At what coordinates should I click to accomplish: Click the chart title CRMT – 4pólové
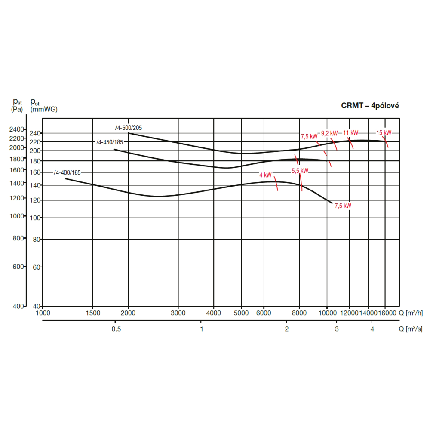click(370, 106)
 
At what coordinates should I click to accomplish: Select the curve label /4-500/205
click(128, 128)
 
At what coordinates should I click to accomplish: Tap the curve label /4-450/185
click(110, 142)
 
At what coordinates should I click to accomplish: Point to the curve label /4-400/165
click(67, 173)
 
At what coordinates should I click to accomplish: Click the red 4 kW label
click(265, 175)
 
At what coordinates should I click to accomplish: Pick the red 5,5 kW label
click(300, 171)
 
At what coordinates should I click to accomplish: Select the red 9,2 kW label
click(329, 133)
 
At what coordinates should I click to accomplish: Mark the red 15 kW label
click(384, 133)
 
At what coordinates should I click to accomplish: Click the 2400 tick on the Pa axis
click(17, 129)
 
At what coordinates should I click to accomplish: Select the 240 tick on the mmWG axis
click(35, 133)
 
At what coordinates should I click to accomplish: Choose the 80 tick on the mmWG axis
click(37, 239)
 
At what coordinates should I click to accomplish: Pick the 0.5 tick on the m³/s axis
click(116, 329)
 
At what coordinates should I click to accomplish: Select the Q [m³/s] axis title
click(410, 329)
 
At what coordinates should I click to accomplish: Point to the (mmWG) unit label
click(43, 110)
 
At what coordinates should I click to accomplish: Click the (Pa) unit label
click(17, 110)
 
